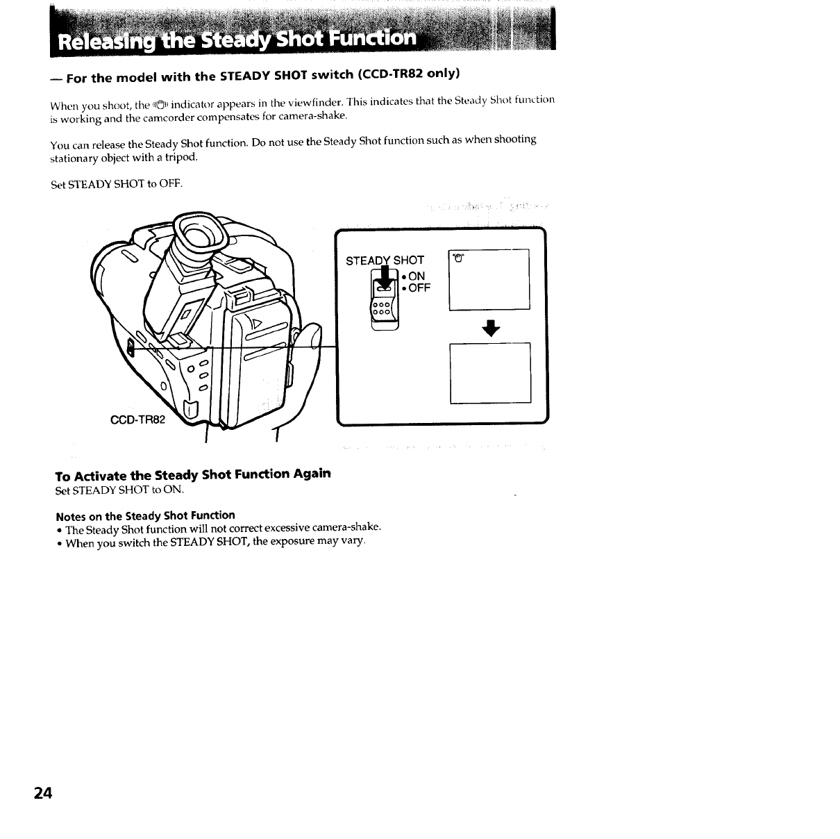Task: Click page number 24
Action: (x=42, y=793)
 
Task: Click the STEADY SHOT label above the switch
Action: (x=385, y=260)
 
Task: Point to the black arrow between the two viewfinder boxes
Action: (x=491, y=328)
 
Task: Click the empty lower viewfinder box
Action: (x=490, y=372)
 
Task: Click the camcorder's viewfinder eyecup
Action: (x=201, y=233)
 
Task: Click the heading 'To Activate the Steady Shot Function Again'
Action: (x=193, y=474)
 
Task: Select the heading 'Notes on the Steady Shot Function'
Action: (x=145, y=515)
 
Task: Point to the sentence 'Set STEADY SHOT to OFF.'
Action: (x=117, y=184)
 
